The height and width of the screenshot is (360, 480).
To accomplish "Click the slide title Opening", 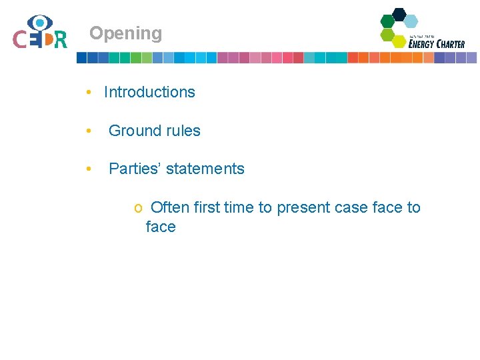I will [x=125, y=33].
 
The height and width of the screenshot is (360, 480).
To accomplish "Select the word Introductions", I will [x=149, y=93].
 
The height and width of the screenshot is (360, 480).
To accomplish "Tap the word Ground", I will [x=133, y=131].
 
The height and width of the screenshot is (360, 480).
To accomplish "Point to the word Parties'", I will [x=135, y=169].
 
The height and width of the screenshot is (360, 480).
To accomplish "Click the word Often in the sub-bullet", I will [x=170, y=208].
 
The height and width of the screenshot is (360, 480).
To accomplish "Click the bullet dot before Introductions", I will [x=89, y=93].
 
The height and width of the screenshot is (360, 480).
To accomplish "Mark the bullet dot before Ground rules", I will [x=89, y=131].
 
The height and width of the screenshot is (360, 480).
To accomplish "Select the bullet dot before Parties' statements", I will [x=89, y=169].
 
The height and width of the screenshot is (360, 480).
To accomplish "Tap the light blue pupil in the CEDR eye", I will [x=40, y=23].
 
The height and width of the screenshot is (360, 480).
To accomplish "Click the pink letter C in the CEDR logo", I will [x=20, y=39].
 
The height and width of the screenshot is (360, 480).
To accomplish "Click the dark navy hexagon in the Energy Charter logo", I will [x=399, y=14].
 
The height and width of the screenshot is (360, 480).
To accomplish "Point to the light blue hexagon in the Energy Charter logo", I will [x=411, y=21].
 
